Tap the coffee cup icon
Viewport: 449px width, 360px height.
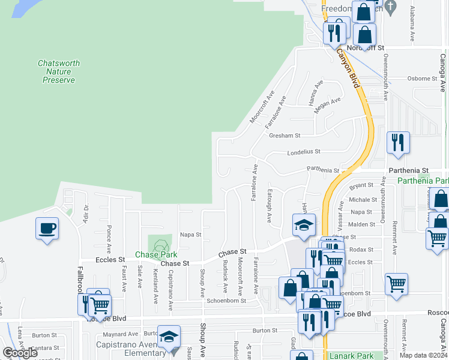(x=47, y=229)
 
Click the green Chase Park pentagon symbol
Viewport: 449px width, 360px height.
(x=160, y=245)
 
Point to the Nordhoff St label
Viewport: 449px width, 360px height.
(x=364, y=47)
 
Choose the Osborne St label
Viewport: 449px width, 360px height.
(x=422, y=78)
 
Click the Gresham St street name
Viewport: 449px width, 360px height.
(x=285, y=136)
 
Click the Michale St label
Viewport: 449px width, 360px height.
(x=363, y=199)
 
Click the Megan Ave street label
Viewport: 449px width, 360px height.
(x=328, y=105)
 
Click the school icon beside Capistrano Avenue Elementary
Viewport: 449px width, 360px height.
(x=169, y=337)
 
